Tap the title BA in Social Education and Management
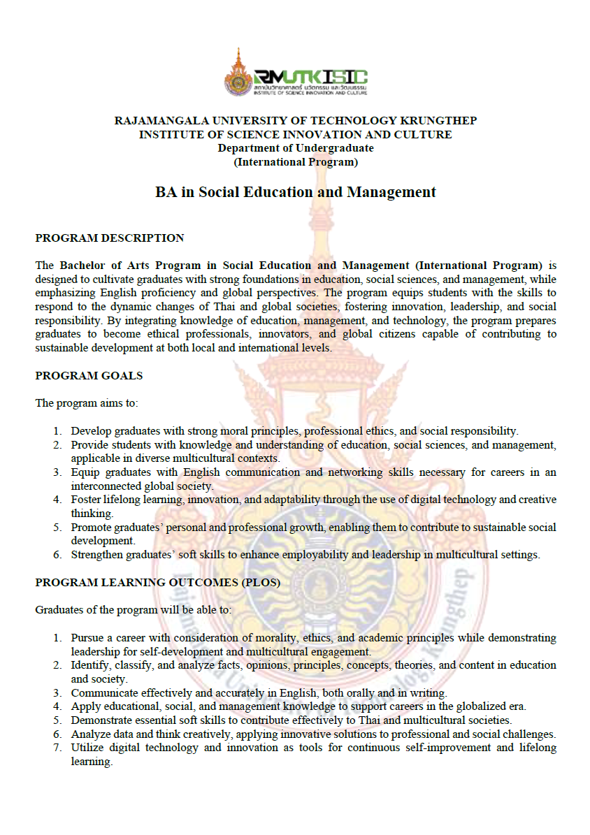pos(295,192)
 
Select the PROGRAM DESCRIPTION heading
pos(110,238)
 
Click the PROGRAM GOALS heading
pos(89,376)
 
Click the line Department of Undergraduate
pos(295,148)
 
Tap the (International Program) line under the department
pos(295,162)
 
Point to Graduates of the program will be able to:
pos(134,610)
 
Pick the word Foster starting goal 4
pos(86,500)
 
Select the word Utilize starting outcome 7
pos(87,748)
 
